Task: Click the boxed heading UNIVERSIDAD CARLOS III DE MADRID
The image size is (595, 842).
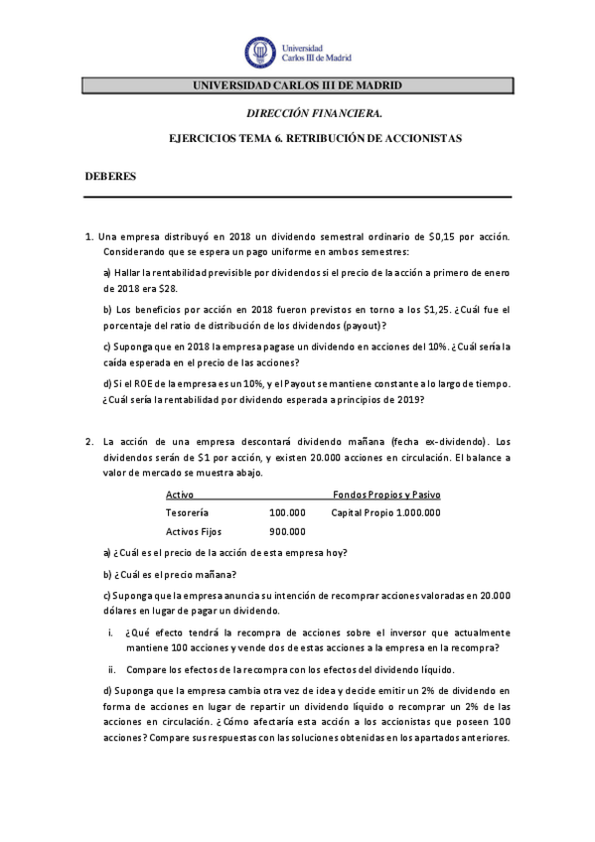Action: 296,86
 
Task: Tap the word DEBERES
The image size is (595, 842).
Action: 109,176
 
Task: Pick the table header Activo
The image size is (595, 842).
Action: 180,494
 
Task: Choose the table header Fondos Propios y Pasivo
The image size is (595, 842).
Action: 386,494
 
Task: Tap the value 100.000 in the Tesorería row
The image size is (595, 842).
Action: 287,512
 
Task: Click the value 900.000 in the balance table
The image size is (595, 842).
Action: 287,532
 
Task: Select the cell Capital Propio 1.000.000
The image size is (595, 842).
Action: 385,512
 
